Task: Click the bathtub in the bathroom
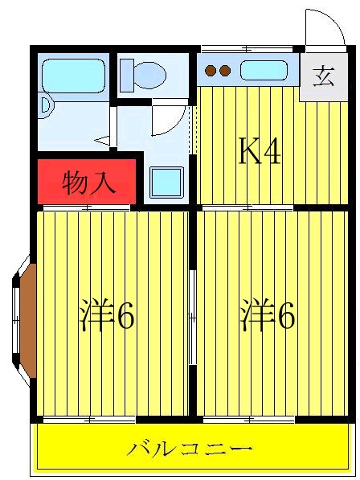73,76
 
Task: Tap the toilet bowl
150,75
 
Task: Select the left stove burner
211,71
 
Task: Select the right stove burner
225,71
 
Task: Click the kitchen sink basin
264,70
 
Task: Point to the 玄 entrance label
323,77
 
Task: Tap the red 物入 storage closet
87,182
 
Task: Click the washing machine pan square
166,183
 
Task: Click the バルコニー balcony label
190,449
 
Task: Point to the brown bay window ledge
28,321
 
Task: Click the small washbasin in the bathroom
46,105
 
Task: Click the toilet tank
126,76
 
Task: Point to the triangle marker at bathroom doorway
102,140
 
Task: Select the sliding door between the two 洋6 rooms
192,318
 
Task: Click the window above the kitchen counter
247,49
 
